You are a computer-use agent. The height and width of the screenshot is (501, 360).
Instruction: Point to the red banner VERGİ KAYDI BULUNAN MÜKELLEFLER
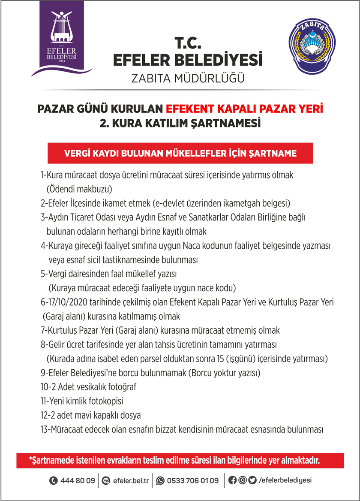click(180, 153)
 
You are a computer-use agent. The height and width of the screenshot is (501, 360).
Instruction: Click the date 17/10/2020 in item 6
click(68, 302)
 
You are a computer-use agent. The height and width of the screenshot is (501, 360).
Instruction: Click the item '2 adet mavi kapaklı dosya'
click(90, 415)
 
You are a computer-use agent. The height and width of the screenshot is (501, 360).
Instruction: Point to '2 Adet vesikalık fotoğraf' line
click(88, 387)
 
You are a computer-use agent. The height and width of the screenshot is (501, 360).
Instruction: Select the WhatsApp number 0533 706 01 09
click(193, 481)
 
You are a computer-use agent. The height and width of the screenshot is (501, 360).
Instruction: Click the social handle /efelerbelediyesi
click(285, 481)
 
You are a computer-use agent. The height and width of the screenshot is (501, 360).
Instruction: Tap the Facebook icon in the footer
click(233, 480)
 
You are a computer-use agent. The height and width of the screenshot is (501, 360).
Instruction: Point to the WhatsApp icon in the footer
click(160, 481)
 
